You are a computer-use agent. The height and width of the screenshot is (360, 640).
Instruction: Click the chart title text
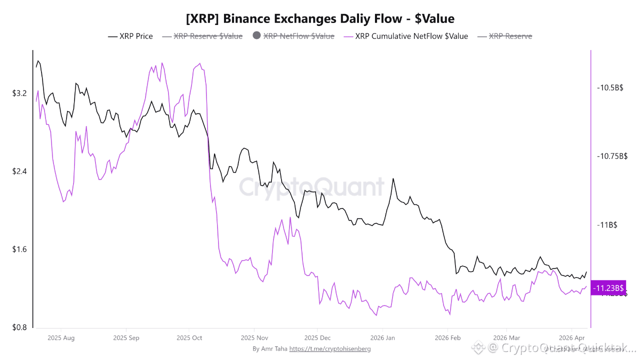[320, 19]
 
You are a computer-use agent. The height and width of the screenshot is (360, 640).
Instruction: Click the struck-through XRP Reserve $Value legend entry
[207, 36]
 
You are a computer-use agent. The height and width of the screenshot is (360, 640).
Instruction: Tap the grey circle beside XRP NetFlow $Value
[257, 36]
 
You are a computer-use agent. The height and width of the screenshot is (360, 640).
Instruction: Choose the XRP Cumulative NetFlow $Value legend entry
[411, 36]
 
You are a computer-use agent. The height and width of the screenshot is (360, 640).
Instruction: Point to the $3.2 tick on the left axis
[20, 93]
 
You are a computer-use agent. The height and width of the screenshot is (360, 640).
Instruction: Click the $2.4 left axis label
[20, 171]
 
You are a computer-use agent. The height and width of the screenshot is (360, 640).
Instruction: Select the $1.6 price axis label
[20, 249]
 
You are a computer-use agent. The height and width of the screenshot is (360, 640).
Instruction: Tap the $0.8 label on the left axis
[20, 327]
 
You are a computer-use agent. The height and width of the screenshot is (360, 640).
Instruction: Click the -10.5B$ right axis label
[610, 88]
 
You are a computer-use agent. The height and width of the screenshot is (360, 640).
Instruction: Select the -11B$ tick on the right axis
[607, 225]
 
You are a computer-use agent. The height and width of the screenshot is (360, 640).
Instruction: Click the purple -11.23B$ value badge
[608, 287]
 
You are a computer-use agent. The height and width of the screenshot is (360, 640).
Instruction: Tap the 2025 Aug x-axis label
[61, 338]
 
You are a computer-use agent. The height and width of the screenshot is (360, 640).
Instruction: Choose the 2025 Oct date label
[189, 338]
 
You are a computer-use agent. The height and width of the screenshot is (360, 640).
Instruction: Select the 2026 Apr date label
[572, 338]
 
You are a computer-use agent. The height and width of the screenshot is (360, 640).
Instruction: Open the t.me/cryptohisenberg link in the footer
[330, 348]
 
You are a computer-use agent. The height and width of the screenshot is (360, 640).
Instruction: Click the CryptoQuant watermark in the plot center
[311, 187]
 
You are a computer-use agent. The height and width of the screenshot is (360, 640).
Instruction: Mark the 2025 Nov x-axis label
[254, 338]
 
